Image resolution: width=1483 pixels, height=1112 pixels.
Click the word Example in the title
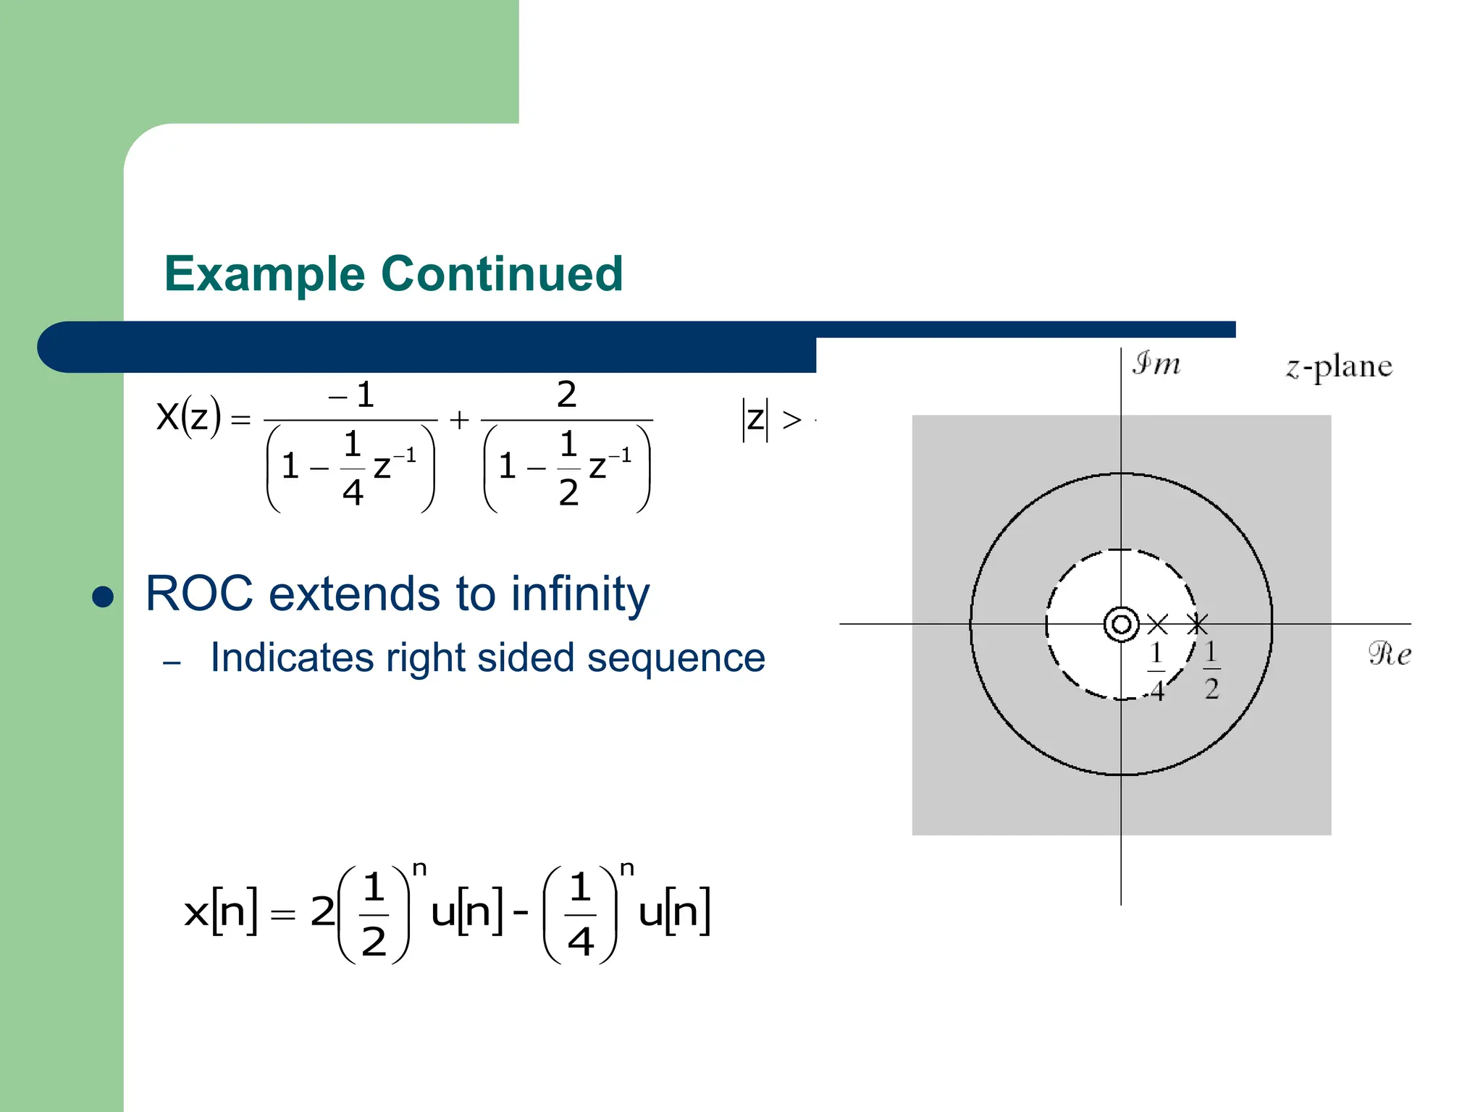264,274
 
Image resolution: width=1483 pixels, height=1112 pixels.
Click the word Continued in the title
502,274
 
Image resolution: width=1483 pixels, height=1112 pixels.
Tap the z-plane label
1338,367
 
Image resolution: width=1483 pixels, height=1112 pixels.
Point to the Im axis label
1156,363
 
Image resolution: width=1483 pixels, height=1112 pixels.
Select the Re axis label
1389,654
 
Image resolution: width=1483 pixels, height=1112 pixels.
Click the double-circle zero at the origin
1121,624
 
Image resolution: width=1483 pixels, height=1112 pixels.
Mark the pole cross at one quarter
1157,624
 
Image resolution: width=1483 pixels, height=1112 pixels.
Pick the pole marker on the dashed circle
1197,623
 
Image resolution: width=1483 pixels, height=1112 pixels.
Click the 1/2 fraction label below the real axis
1211,670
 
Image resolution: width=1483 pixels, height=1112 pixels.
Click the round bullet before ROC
104,597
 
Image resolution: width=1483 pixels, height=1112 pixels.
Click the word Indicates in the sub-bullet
292,658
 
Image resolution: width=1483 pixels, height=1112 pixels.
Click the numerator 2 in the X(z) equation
566,395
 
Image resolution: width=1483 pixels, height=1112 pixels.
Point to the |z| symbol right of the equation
755,418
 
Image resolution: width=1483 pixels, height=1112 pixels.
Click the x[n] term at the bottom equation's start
220,911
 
